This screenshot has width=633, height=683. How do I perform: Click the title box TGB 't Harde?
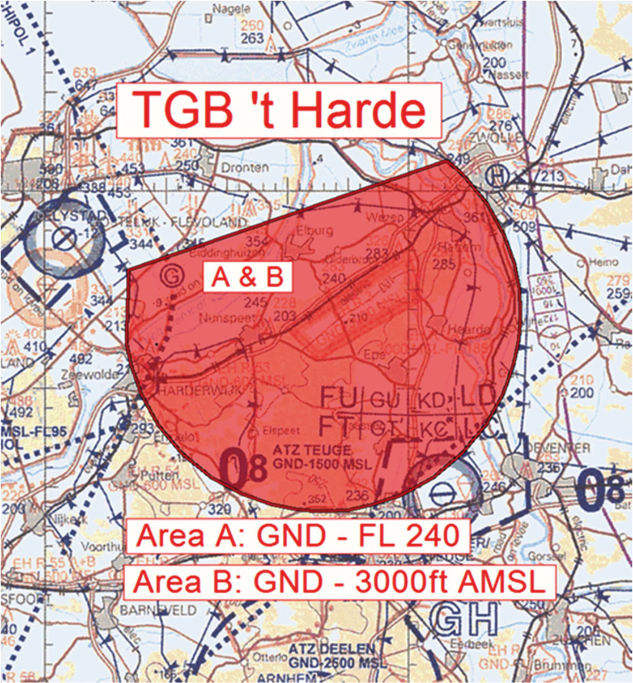click(279, 110)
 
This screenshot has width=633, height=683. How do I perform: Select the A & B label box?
click(247, 278)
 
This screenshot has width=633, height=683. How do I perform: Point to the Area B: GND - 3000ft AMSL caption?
click(338, 581)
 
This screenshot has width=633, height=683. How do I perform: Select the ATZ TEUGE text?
click(311, 450)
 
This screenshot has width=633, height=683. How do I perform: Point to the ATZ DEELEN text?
click(331, 649)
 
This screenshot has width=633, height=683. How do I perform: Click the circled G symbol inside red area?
click(171, 276)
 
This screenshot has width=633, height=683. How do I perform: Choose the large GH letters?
click(463, 619)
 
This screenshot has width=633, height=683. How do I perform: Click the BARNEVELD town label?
click(159, 611)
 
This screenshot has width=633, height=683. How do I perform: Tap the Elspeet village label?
click(282, 430)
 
